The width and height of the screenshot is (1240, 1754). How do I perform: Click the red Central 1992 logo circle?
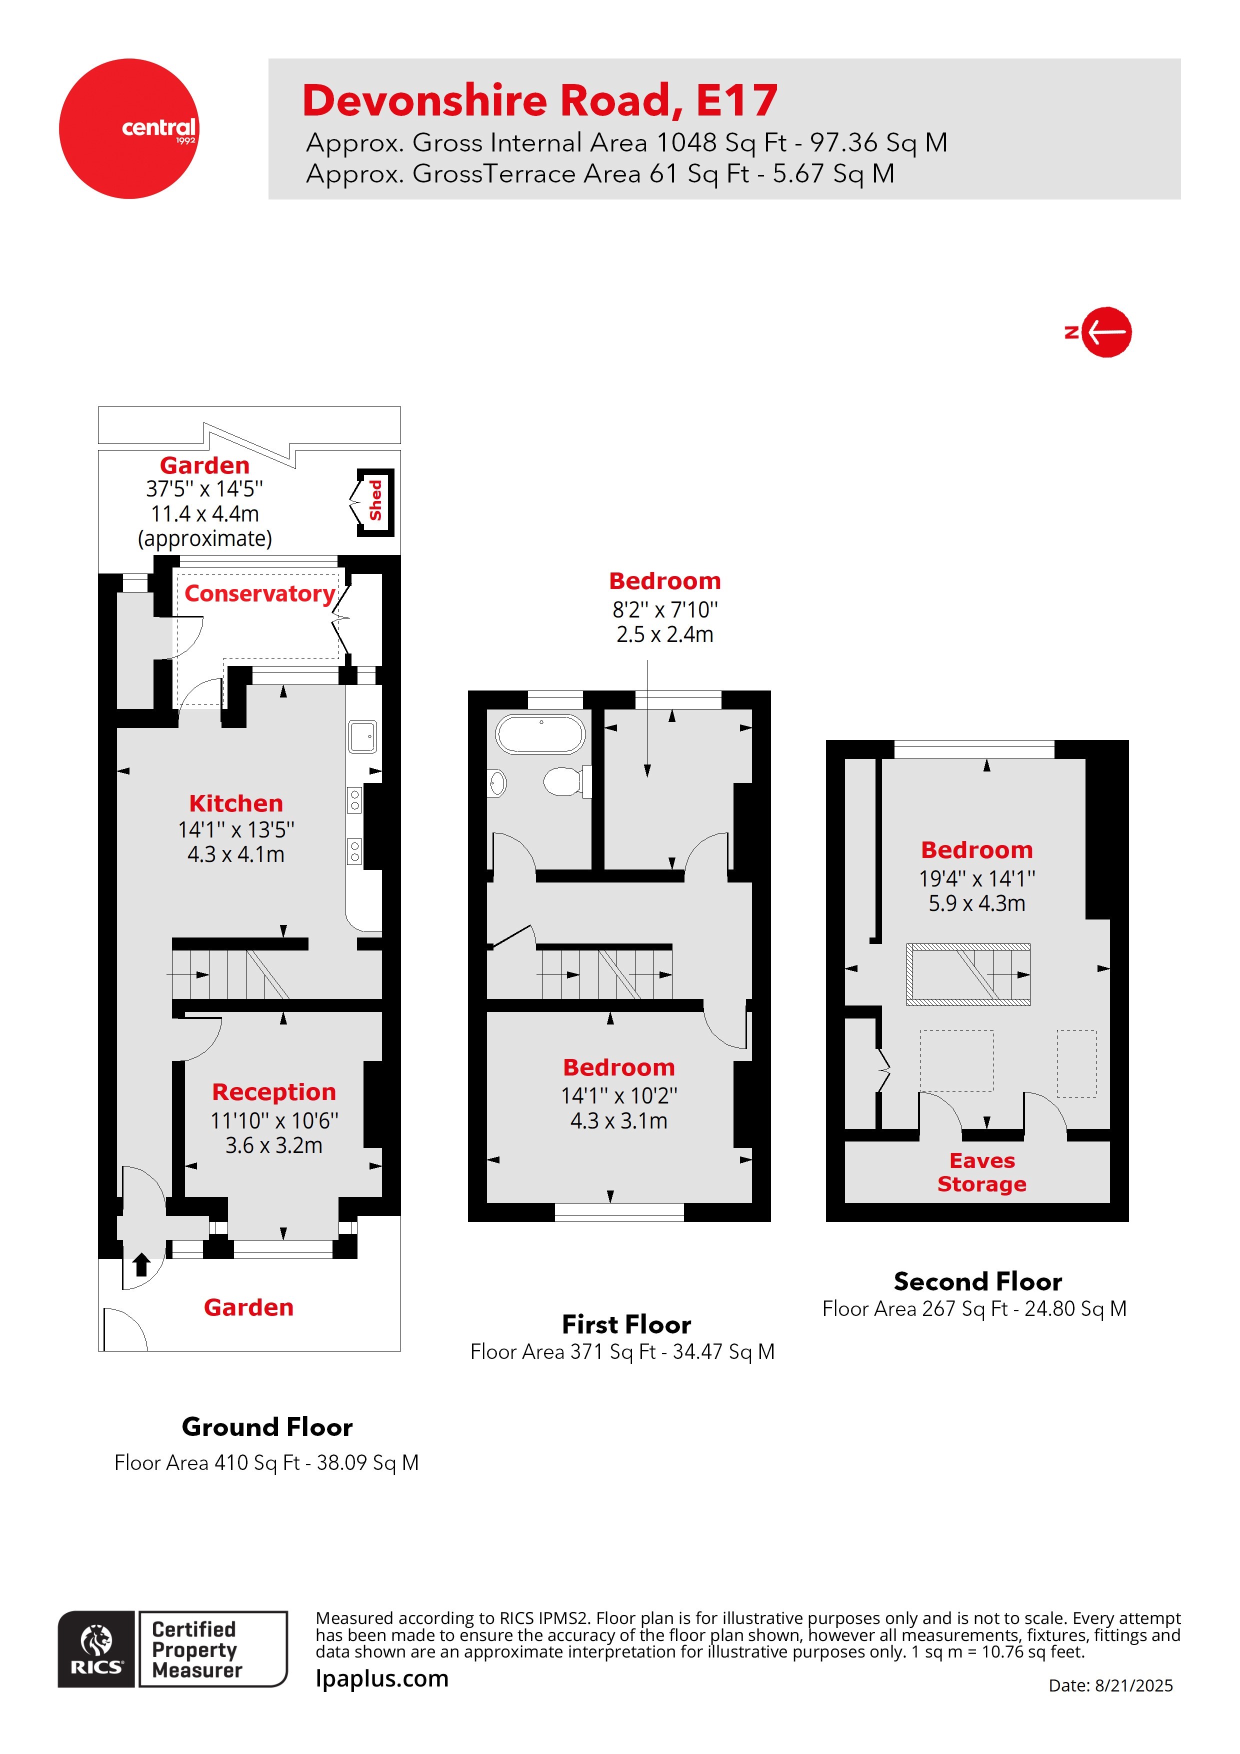(x=128, y=128)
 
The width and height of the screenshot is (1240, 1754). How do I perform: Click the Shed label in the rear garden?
(x=375, y=500)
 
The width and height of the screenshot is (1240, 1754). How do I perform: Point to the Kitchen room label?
(x=236, y=803)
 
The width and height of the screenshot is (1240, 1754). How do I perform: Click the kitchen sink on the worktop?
(x=362, y=736)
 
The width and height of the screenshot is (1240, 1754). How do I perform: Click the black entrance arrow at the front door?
(x=141, y=1264)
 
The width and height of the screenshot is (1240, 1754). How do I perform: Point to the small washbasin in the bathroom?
(x=497, y=783)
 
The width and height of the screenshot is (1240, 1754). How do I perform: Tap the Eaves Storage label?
(x=982, y=1172)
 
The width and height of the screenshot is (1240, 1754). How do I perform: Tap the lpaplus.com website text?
(x=382, y=1678)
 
